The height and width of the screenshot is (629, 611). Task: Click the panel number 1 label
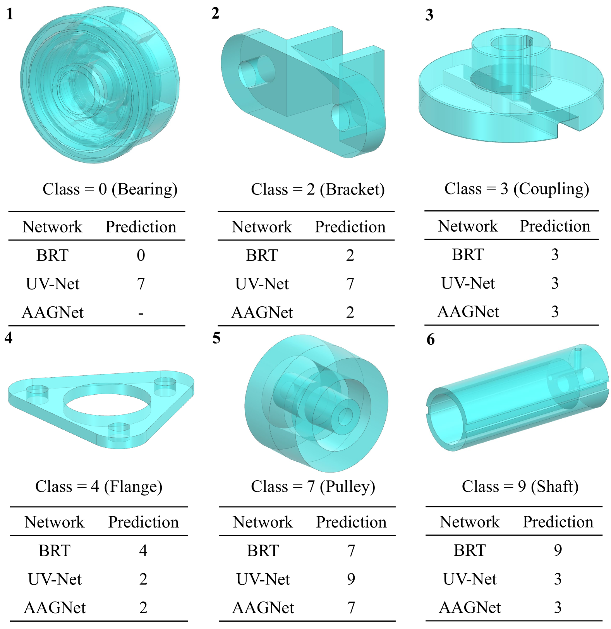coord(10,14)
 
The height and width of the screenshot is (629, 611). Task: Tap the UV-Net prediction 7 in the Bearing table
coord(141,284)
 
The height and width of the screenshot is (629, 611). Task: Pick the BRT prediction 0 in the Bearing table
coord(141,255)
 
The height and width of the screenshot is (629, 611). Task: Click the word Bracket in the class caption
coord(353,189)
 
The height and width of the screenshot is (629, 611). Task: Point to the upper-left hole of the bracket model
coord(257,71)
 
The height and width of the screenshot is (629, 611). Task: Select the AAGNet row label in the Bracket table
coord(262,313)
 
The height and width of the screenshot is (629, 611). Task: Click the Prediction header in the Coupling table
coord(555,226)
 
